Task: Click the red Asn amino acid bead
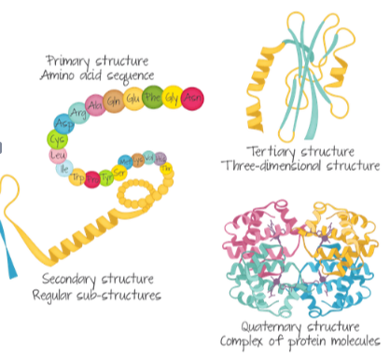pyautogui.click(x=192, y=97)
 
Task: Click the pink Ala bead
pyautogui.click(x=95, y=104)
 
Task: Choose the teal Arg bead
pyautogui.click(x=78, y=114)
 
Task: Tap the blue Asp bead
pyautogui.click(x=63, y=124)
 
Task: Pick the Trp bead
pyautogui.click(x=77, y=177)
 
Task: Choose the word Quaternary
pyautogui.click(x=265, y=326)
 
